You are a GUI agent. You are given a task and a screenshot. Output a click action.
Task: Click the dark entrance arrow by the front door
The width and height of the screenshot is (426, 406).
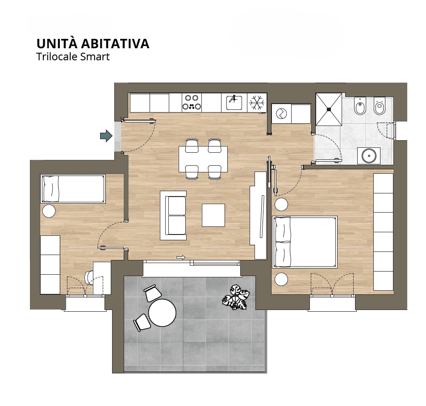click(106, 136)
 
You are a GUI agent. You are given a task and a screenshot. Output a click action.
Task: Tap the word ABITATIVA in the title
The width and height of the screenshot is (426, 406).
click(115, 44)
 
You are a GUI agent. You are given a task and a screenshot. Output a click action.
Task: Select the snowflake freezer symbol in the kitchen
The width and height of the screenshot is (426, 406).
click(257, 103)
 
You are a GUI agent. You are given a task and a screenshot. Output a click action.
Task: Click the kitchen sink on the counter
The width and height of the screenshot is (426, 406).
click(234, 103)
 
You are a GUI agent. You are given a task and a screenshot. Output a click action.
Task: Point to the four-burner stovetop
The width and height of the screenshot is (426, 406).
click(192, 102)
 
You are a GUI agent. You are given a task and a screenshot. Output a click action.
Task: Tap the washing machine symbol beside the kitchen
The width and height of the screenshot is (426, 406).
click(281, 113)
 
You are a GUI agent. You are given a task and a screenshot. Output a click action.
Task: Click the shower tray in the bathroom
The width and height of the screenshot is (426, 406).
click(329, 109)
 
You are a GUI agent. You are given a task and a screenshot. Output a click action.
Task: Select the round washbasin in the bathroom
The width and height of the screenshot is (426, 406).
click(369, 156)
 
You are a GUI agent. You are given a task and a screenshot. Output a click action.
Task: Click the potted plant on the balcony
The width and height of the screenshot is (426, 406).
click(236, 297)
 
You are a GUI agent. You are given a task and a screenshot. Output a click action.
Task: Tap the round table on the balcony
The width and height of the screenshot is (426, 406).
click(162, 313)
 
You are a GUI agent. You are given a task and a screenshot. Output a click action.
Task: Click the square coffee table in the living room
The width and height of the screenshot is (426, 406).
click(213, 215)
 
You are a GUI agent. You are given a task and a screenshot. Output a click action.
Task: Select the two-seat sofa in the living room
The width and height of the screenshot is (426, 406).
click(173, 215)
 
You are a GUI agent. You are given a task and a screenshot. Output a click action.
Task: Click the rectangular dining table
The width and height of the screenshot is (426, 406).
click(203, 159)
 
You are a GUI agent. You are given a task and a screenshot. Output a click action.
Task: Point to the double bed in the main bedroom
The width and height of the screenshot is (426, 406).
click(305, 242)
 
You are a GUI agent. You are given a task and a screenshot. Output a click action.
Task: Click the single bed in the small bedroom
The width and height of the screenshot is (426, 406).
click(73, 189)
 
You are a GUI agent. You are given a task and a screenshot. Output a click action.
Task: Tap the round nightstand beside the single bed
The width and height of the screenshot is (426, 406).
click(49, 211)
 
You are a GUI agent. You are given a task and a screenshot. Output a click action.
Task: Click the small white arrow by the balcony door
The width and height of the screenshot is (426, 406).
click(181, 257)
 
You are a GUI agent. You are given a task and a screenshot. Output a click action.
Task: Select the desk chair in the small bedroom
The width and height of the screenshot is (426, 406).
click(89, 278)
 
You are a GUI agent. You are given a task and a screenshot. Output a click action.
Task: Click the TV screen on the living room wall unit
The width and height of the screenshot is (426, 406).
click(262, 217)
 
